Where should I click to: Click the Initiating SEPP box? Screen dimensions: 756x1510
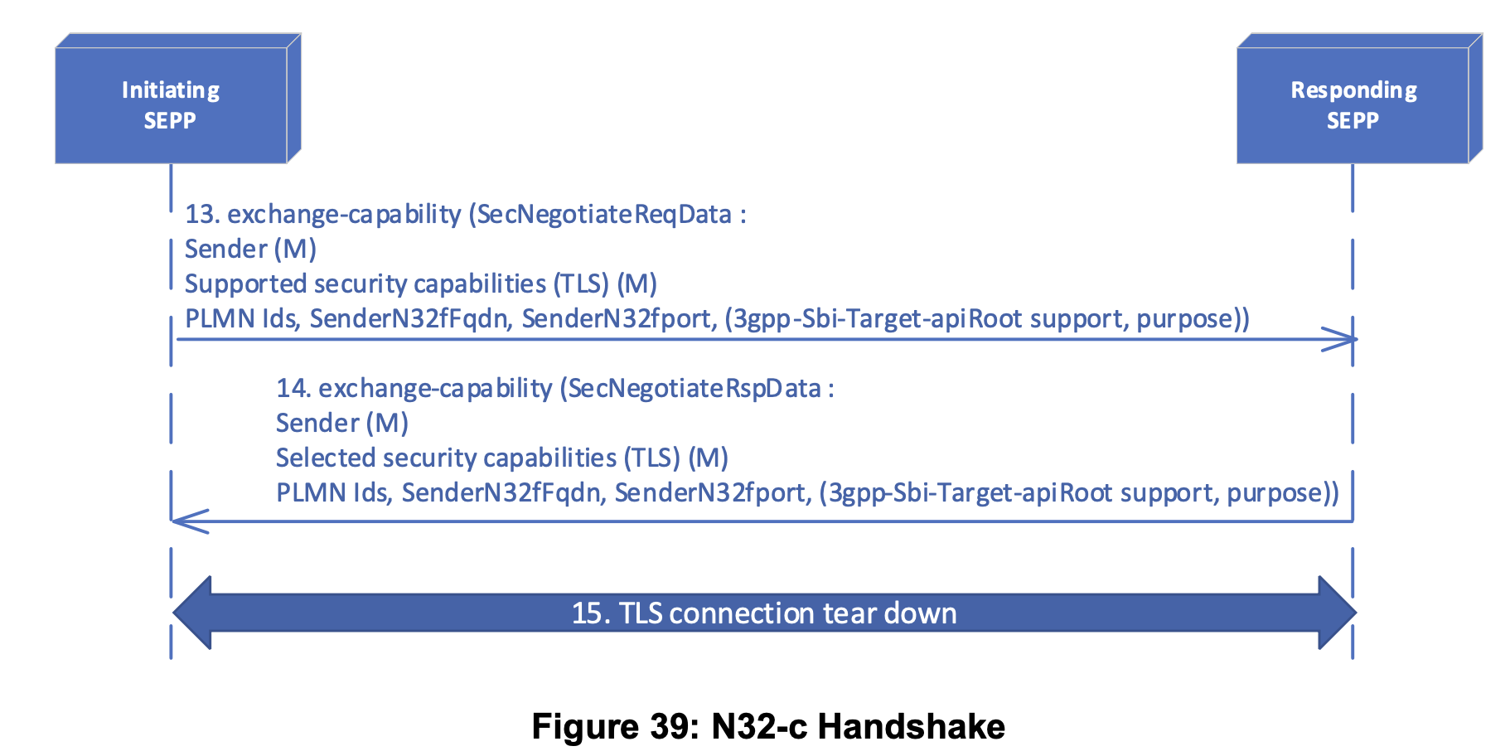171,104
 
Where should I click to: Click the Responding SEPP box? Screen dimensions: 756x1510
1353,104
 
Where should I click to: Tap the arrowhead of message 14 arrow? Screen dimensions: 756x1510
184,521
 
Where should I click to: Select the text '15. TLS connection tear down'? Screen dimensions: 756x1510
763,613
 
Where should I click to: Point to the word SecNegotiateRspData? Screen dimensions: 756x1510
695,389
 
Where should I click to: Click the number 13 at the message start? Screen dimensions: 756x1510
201,215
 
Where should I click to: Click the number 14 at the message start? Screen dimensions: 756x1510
293,389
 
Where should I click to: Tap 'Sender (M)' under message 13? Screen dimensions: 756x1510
250,250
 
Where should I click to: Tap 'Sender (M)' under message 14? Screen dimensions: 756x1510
341,424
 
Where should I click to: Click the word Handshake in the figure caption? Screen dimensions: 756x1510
911,727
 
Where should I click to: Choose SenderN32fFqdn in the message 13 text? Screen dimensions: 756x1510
409,319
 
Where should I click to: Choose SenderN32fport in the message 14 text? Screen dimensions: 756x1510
709,493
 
